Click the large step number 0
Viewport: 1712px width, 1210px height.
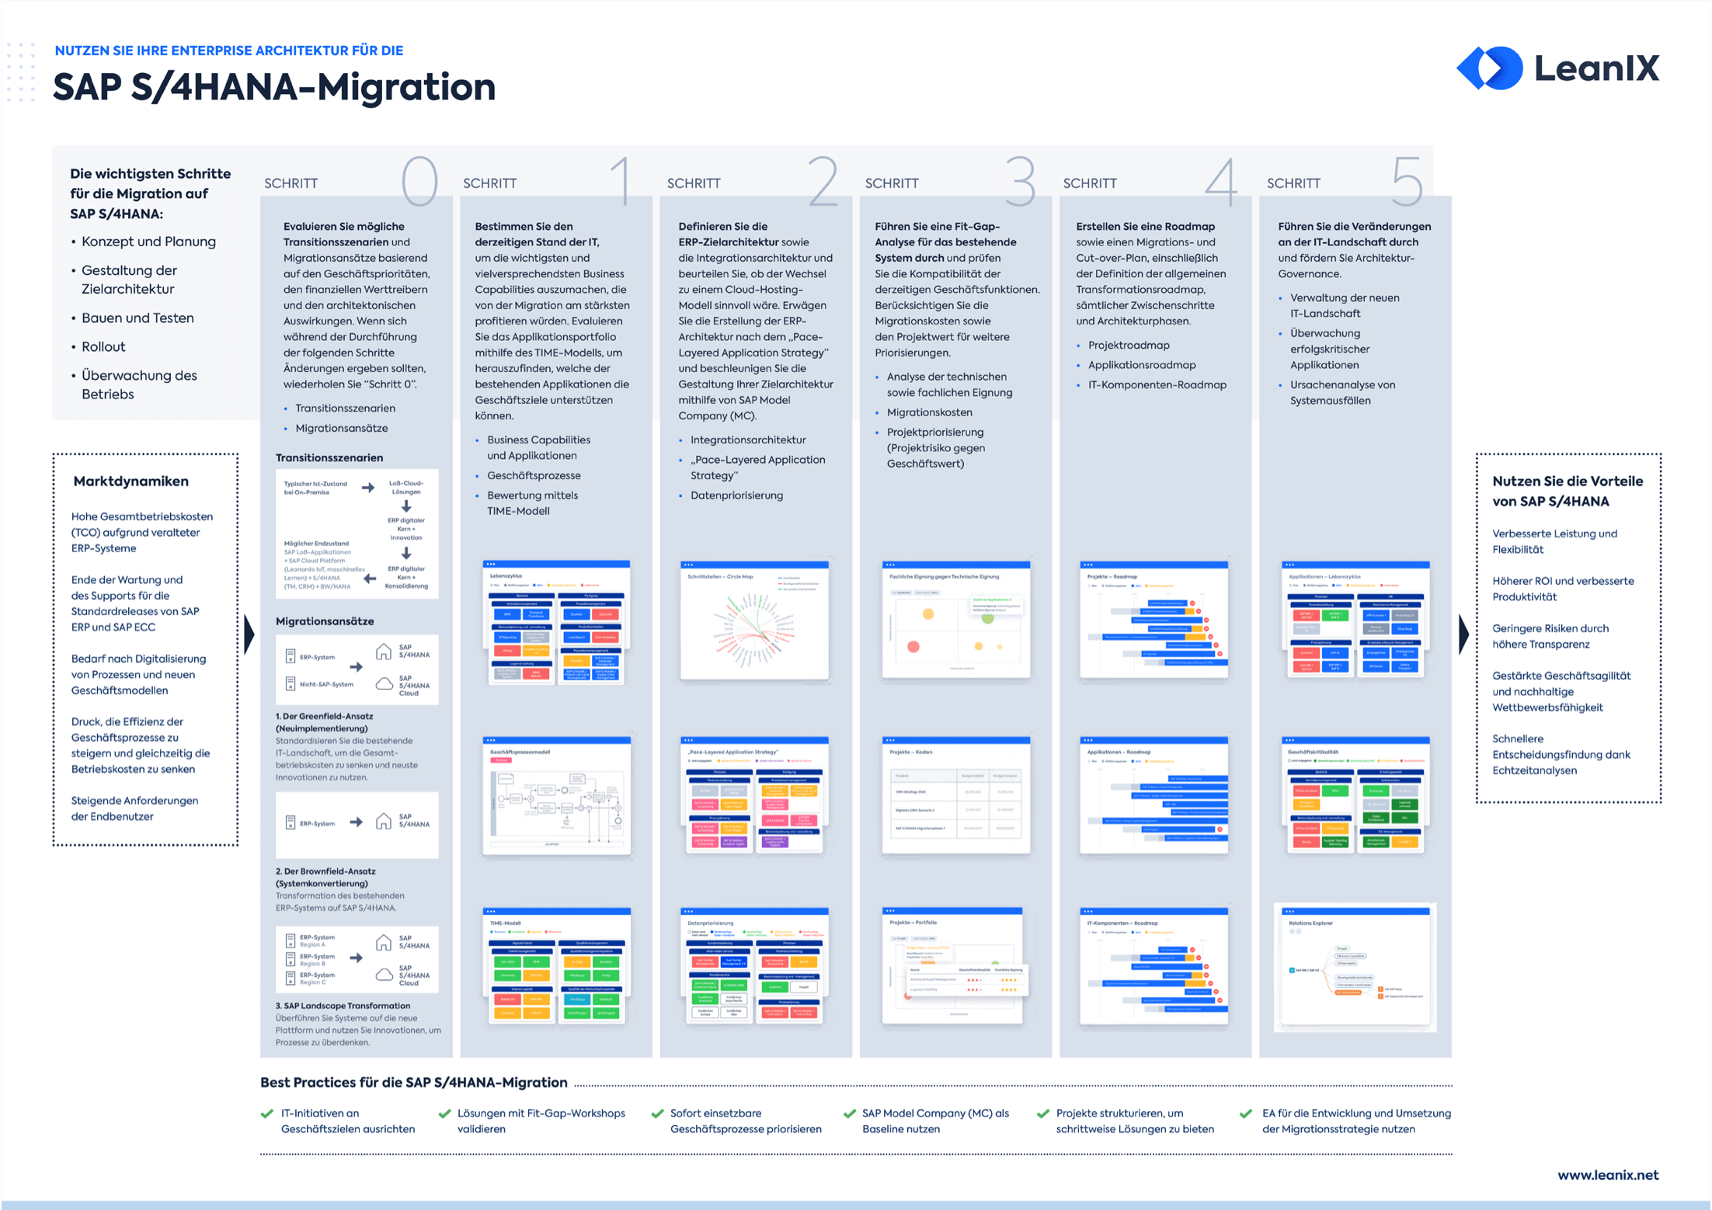point(419,181)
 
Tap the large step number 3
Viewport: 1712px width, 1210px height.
point(1020,181)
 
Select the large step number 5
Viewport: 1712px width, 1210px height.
point(1407,181)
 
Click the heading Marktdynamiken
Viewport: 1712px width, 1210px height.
point(130,482)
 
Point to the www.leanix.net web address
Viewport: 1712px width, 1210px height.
point(1607,1175)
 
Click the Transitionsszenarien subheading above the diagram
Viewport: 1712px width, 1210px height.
point(329,457)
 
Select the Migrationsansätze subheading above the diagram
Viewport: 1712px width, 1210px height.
point(325,621)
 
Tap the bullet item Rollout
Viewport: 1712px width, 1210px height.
point(103,346)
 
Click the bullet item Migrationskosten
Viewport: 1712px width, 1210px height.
point(929,412)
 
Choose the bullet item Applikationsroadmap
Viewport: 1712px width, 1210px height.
point(1141,365)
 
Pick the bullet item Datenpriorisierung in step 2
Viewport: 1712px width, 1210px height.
point(736,495)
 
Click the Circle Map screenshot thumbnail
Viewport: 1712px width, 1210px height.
point(754,620)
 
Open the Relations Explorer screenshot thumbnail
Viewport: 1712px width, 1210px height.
point(1355,968)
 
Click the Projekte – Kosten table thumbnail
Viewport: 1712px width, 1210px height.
point(956,795)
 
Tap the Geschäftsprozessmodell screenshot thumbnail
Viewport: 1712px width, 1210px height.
point(556,795)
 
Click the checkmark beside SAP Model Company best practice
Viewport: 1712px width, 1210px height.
point(849,1114)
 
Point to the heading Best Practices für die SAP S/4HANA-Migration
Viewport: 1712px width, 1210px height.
point(413,1083)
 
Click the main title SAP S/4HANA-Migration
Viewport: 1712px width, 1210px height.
point(274,87)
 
